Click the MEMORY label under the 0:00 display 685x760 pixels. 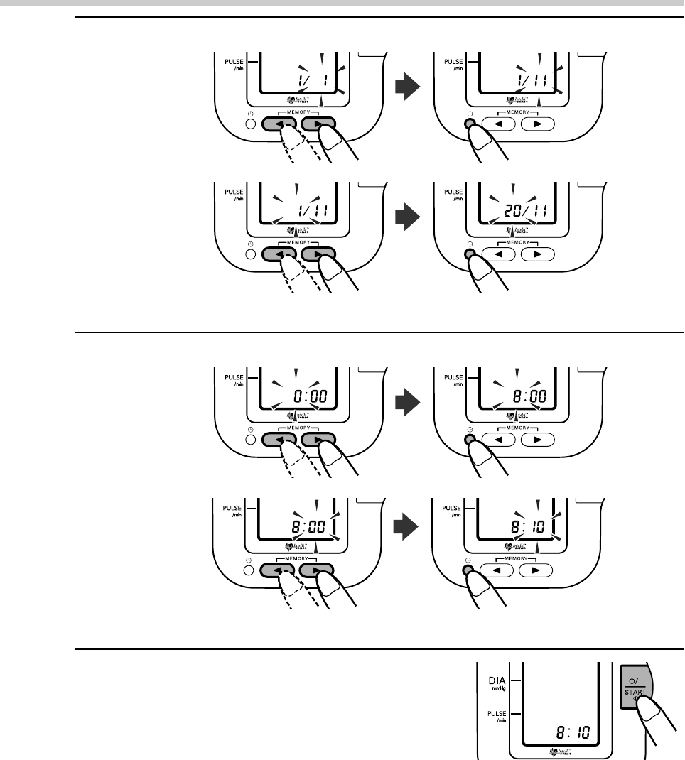[x=299, y=429]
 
